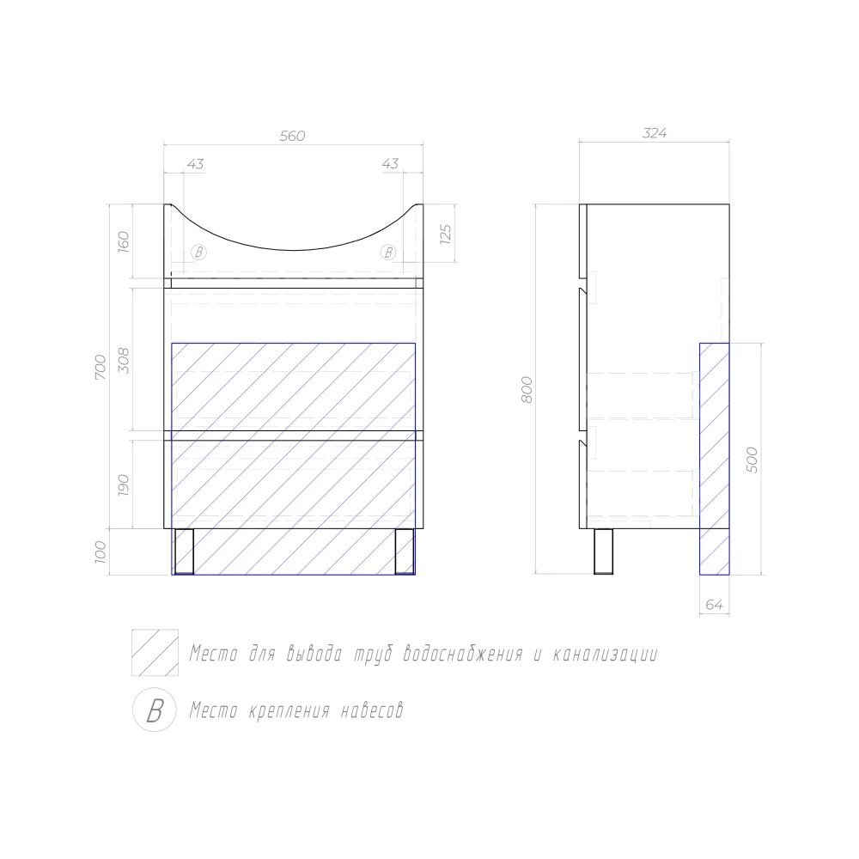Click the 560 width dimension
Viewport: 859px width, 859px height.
point(292,136)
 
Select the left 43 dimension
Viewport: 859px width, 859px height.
point(195,164)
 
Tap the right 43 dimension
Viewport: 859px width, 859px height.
point(390,163)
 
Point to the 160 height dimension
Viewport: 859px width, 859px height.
point(124,241)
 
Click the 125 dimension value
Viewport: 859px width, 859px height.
point(445,234)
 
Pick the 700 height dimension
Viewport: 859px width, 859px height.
point(101,367)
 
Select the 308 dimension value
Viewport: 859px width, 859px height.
point(124,361)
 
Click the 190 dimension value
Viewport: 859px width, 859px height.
point(124,485)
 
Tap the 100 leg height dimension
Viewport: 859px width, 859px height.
point(101,551)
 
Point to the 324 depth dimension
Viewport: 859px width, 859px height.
point(654,133)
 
